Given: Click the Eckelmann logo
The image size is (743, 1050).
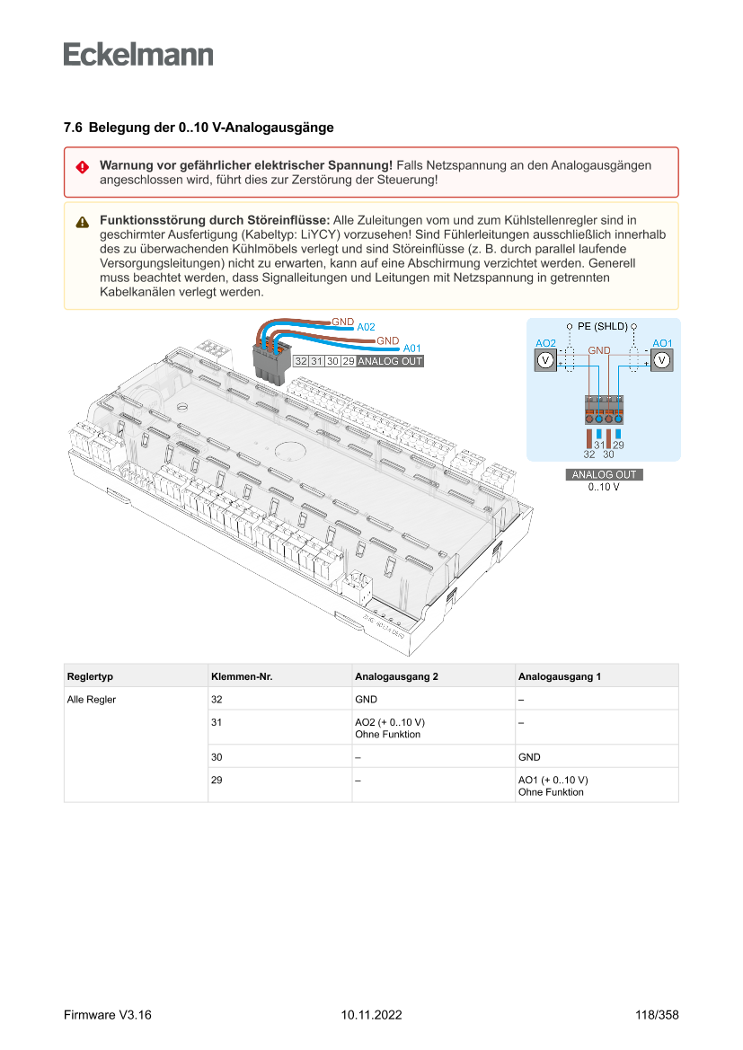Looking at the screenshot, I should (138, 55).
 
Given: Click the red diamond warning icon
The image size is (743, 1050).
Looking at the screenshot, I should (82, 167).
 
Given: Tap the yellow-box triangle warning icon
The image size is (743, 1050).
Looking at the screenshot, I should (82, 222).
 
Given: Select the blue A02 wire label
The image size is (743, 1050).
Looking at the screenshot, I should (366, 327).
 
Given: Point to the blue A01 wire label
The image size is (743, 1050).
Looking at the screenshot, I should (411, 348).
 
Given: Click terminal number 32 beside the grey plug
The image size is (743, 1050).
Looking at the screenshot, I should (301, 361).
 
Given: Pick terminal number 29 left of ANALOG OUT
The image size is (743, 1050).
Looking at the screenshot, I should (347, 361).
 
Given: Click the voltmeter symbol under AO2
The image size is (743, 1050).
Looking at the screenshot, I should (544, 360).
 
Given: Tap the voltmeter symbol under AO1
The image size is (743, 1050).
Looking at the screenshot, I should (661, 360).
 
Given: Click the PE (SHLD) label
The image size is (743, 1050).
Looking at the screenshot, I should (601, 326).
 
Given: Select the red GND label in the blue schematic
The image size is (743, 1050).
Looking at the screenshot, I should (599, 350).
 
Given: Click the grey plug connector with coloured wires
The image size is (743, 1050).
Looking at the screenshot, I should (269, 360).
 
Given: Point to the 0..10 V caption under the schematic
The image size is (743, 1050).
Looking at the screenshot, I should (604, 487).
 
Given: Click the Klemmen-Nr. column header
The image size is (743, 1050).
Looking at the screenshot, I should (241, 676).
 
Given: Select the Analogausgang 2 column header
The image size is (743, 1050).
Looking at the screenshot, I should (396, 676).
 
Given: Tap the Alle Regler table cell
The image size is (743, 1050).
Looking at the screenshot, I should (92, 699).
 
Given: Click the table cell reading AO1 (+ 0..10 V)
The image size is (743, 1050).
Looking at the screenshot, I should (553, 781).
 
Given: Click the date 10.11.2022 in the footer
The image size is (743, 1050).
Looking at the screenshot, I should (371, 1015).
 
